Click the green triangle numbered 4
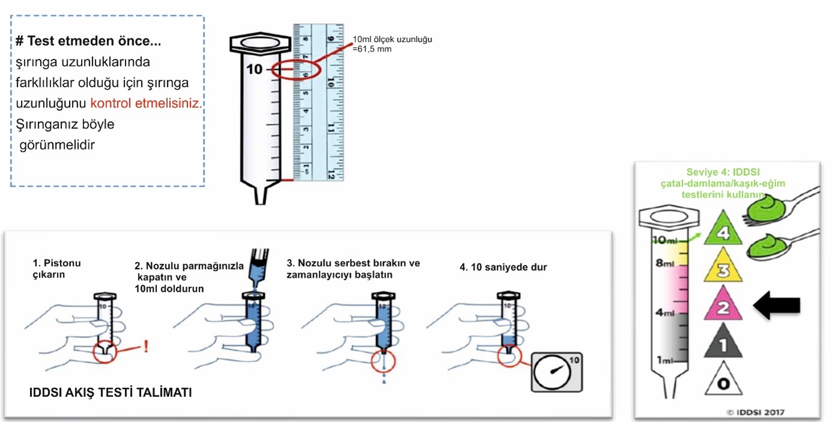click(723, 229)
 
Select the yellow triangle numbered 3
click(723, 268)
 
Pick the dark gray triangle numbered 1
click(723, 345)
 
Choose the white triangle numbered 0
click(723, 382)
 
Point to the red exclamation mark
click(146, 346)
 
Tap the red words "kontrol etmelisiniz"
click(146, 103)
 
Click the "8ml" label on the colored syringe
click(665, 263)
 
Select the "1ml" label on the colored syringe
click(663, 360)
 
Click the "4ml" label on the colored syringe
click(665, 313)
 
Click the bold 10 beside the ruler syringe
click(255, 70)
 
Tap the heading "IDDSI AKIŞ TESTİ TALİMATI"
click(110, 393)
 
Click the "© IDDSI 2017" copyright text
click(755, 412)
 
